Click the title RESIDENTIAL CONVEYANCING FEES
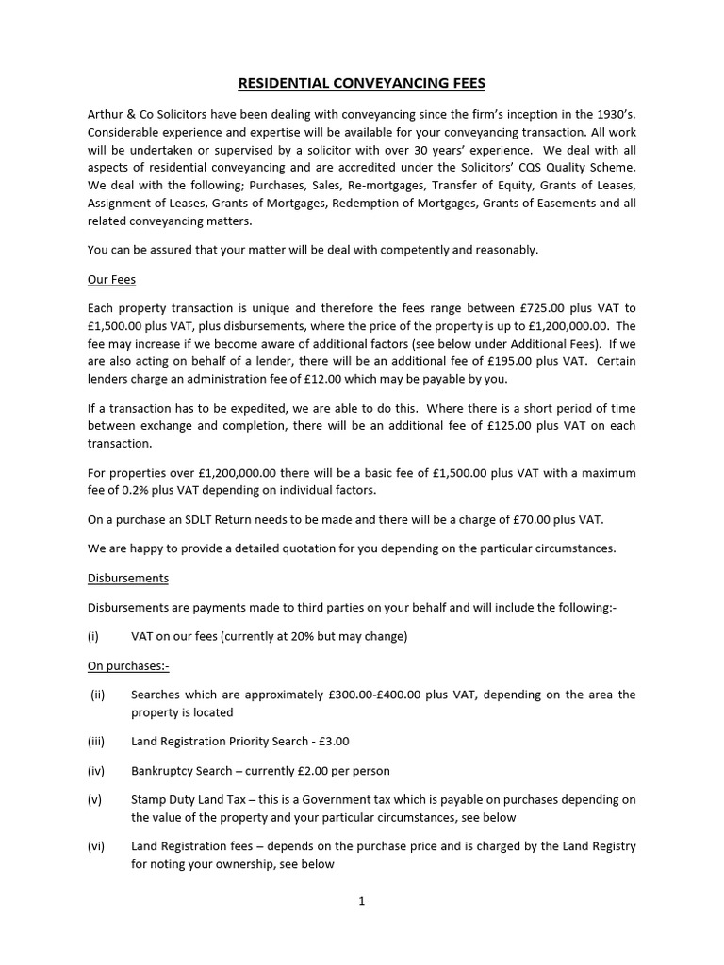point(362,84)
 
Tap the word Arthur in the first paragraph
point(107,114)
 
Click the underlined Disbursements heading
point(127,578)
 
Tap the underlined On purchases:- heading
point(127,665)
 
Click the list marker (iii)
point(97,742)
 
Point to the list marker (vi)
point(97,846)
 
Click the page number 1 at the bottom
point(361,900)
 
